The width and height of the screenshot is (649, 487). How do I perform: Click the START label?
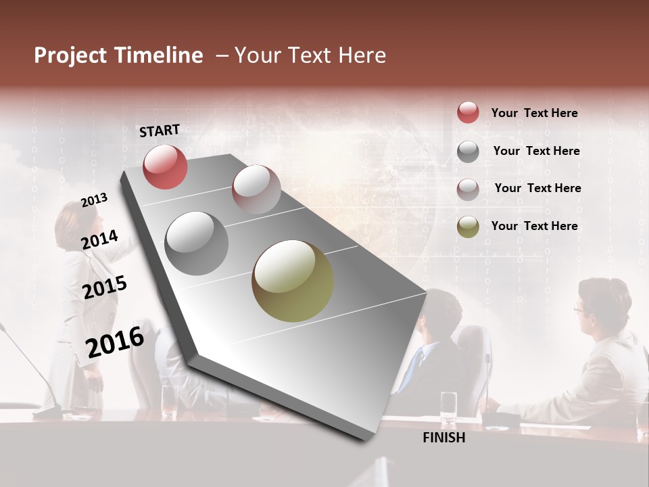point(160,131)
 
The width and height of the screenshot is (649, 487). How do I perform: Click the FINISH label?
point(444,438)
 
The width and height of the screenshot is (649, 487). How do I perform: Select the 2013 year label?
point(94,200)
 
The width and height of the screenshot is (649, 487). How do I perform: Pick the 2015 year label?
point(105,287)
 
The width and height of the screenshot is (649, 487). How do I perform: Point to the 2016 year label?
point(115,342)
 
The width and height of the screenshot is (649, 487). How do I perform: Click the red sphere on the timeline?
point(165,167)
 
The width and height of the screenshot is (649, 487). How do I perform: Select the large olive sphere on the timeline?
point(293,281)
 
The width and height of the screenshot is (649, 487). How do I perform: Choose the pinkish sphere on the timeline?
point(256,189)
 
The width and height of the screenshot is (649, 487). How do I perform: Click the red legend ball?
point(468,113)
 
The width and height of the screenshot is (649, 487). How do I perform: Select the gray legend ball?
point(468,151)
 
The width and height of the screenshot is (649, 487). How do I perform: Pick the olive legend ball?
point(468,227)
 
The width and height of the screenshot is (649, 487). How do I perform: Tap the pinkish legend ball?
point(468,189)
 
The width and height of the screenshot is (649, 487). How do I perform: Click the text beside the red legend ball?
point(535,113)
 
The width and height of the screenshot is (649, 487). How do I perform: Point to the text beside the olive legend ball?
point(535,226)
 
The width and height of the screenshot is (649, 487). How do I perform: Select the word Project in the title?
point(70,55)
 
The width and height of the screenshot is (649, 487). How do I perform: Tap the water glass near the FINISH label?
point(448,408)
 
